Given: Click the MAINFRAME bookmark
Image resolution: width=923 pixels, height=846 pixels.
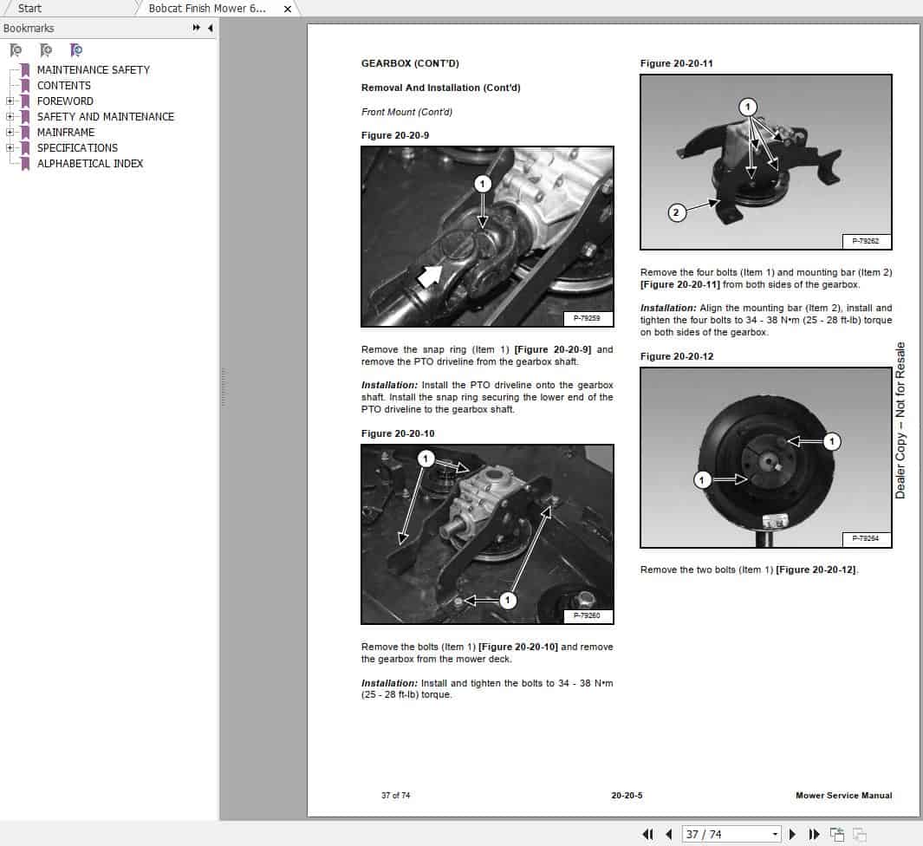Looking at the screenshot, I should (66, 132).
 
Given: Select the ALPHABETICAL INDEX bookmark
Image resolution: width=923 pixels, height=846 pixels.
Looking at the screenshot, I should (89, 163).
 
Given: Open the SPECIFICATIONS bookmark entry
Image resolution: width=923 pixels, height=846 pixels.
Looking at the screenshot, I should (77, 147).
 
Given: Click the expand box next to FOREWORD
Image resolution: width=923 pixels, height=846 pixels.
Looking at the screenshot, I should (10, 101).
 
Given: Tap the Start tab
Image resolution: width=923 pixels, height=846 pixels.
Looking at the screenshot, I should (29, 8).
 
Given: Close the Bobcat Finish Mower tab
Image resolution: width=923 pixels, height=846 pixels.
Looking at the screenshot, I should (288, 8).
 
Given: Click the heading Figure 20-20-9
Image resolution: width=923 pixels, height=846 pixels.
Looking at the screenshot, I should (394, 135).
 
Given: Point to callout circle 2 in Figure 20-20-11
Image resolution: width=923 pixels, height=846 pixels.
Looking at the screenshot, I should (677, 211).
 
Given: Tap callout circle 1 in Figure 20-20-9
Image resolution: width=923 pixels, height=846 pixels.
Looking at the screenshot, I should (483, 183).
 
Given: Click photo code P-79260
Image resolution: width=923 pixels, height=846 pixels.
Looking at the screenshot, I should (587, 616).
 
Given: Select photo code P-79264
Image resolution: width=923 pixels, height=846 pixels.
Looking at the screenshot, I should (865, 538).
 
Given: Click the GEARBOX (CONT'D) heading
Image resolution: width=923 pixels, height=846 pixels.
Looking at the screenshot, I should (410, 63).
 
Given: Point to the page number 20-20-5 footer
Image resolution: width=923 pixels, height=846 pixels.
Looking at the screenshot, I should (627, 795).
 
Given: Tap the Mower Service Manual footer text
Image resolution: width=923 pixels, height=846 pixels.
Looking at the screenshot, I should (843, 795).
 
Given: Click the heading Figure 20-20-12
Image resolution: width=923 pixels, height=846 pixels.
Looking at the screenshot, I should (676, 356).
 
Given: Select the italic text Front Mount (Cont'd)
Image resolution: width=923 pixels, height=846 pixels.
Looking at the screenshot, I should (406, 112).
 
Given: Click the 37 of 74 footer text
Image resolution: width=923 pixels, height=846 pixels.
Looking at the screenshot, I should (395, 795).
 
